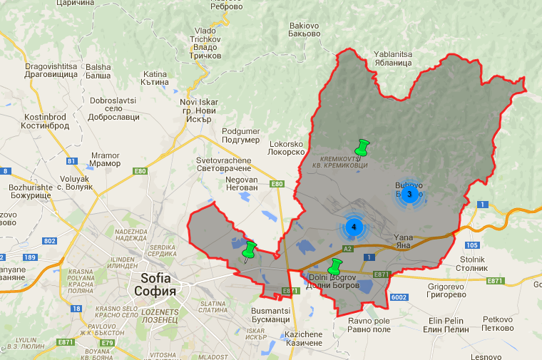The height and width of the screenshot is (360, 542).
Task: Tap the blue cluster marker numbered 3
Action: (409, 194)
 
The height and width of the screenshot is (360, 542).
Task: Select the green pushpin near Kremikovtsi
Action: (362, 149)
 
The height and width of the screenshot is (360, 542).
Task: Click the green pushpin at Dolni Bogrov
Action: (334, 268)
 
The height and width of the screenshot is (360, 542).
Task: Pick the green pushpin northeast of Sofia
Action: (250, 251)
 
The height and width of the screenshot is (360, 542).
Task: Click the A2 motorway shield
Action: (348, 249)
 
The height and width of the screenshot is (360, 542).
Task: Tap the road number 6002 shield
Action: (399, 297)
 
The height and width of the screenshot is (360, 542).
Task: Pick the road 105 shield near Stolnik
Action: (475, 245)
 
